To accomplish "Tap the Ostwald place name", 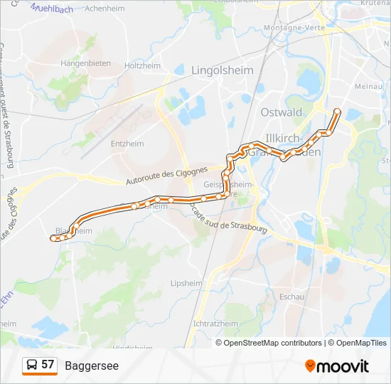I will click(282, 112).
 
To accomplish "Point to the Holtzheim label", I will click(143, 65).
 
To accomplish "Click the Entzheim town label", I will click(127, 144).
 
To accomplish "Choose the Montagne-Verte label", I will click(294, 27).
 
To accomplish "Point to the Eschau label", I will click(292, 296).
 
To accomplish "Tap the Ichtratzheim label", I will click(215, 323).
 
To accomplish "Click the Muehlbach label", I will click(53, 8).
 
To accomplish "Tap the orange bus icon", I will click(31, 366).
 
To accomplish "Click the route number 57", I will click(48, 365).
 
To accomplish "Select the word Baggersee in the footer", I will click(92, 366).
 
